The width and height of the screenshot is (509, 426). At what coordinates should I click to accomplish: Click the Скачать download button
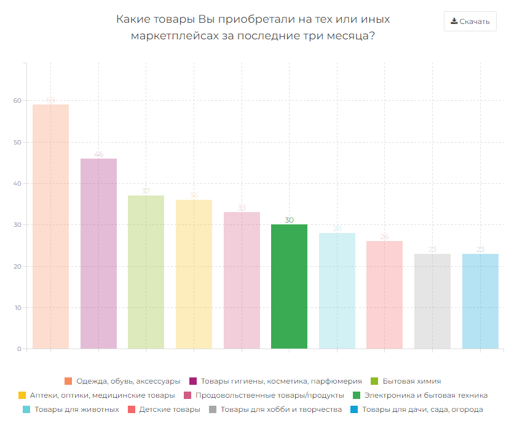(x=470, y=22)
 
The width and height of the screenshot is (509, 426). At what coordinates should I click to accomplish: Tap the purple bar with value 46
(x=98, y=253)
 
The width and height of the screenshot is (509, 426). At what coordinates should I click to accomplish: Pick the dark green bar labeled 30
(x=289, y=286)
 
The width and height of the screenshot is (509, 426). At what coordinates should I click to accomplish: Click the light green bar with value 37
(x=146, y=272)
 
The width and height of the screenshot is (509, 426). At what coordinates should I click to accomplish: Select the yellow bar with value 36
(x=194, y=274)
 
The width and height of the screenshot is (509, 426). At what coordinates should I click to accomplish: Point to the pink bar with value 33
(x=242, y=280)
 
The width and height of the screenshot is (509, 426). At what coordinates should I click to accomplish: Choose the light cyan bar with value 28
(x=337, y=291)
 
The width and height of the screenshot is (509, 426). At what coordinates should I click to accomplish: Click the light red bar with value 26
(x=384, y=295)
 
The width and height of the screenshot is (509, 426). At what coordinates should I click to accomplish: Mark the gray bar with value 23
(x=432, y=301)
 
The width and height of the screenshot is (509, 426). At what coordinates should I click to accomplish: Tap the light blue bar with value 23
(x=480, y=301)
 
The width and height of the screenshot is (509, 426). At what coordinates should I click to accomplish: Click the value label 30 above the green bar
(x=289, y=220)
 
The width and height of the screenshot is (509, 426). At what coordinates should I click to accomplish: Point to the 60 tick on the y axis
(x=17, y=101)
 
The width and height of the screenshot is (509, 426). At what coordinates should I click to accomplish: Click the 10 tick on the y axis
(x=17, y=308)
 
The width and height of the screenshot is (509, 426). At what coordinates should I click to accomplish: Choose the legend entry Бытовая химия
(x=411, y=381)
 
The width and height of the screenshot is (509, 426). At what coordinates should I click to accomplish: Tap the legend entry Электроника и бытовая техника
(x=425, y=395)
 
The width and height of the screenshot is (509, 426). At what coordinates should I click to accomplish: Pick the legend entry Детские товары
(x=169, y=409)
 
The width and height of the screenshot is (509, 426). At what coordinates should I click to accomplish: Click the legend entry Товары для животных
(x=77, y=409)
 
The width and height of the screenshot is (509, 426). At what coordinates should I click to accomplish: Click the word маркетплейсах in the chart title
(x=173, y=36)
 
